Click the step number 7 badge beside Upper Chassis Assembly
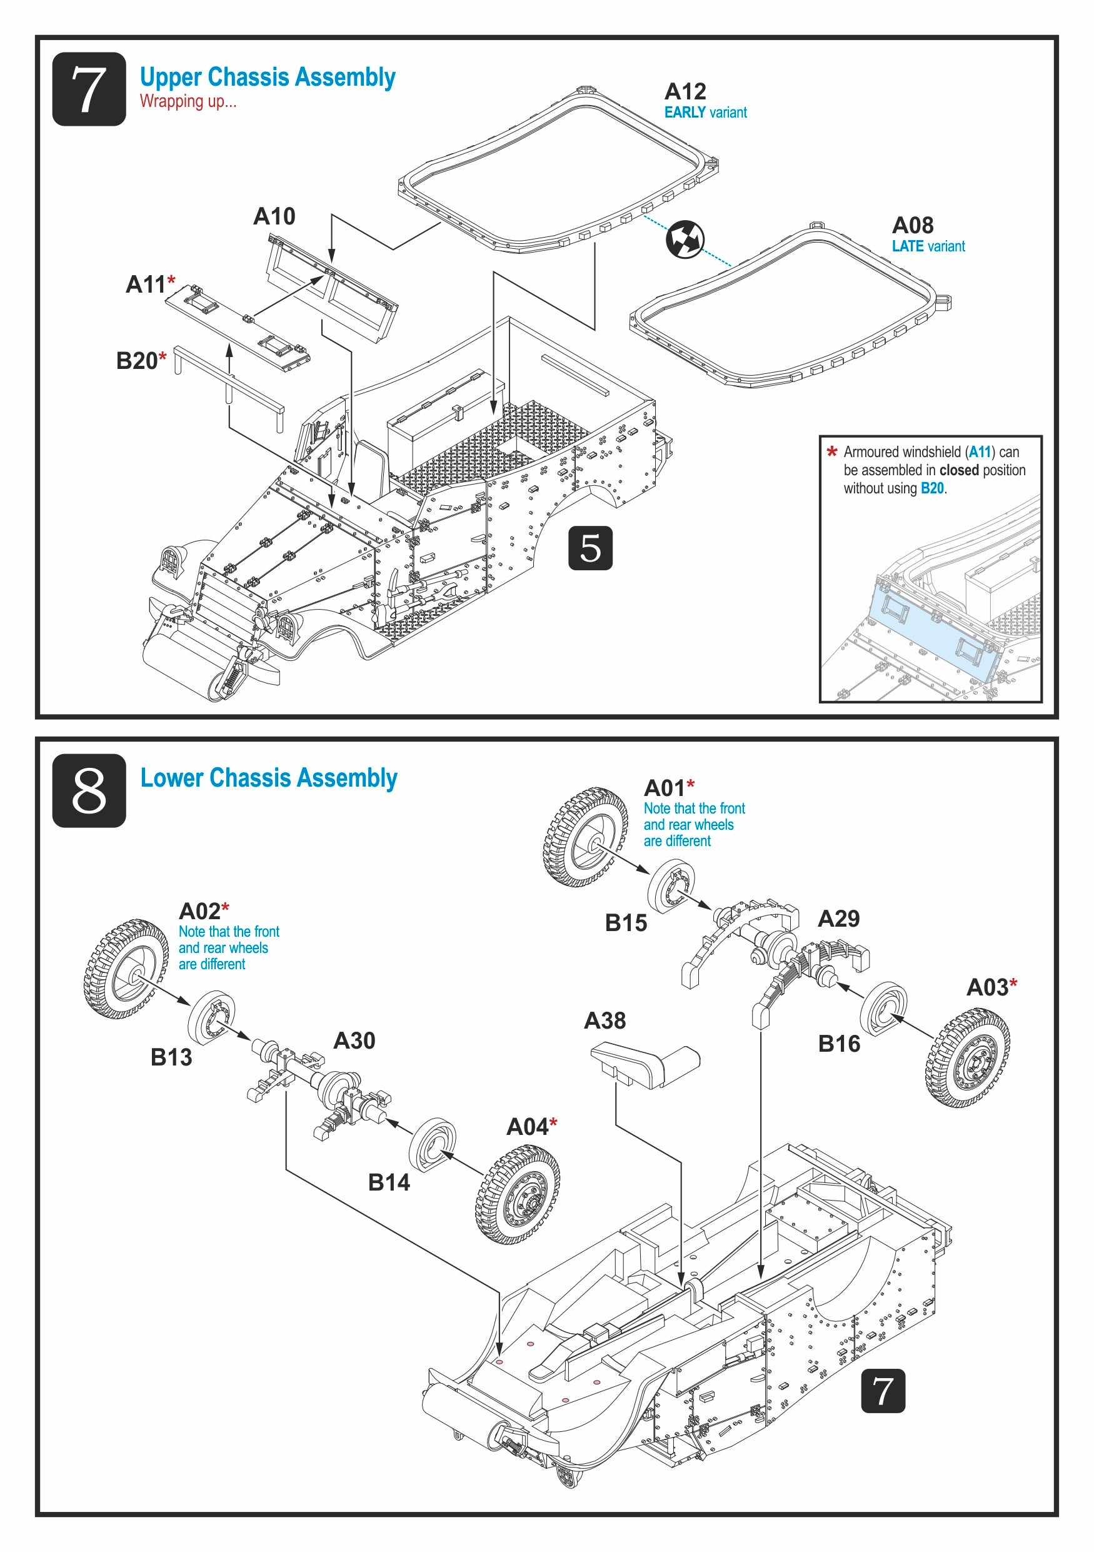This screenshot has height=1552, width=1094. coord(89,89)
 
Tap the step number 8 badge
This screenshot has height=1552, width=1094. coord(89,790)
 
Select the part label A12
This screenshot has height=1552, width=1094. coord(685,91)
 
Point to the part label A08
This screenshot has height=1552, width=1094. coord(912,225)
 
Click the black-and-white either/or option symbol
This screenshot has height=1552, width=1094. coord(685,239)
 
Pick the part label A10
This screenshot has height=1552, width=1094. coord(274,216)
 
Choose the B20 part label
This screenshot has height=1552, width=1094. coord(137,361)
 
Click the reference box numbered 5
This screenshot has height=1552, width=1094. coord(590,548)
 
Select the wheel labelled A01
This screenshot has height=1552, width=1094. coord(585,836)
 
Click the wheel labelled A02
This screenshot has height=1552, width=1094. coord(125,968)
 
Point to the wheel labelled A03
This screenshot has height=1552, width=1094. coord(967,1058)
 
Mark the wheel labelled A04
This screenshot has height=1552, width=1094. coord(518,1194)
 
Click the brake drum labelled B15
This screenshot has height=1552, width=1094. coord(670,886)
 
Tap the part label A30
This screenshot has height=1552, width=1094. coord(354,1041)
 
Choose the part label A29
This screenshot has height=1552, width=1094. coord(838,919)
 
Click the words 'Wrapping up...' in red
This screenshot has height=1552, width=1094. coord(188,101)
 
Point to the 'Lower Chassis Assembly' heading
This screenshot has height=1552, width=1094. coord(268,778)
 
